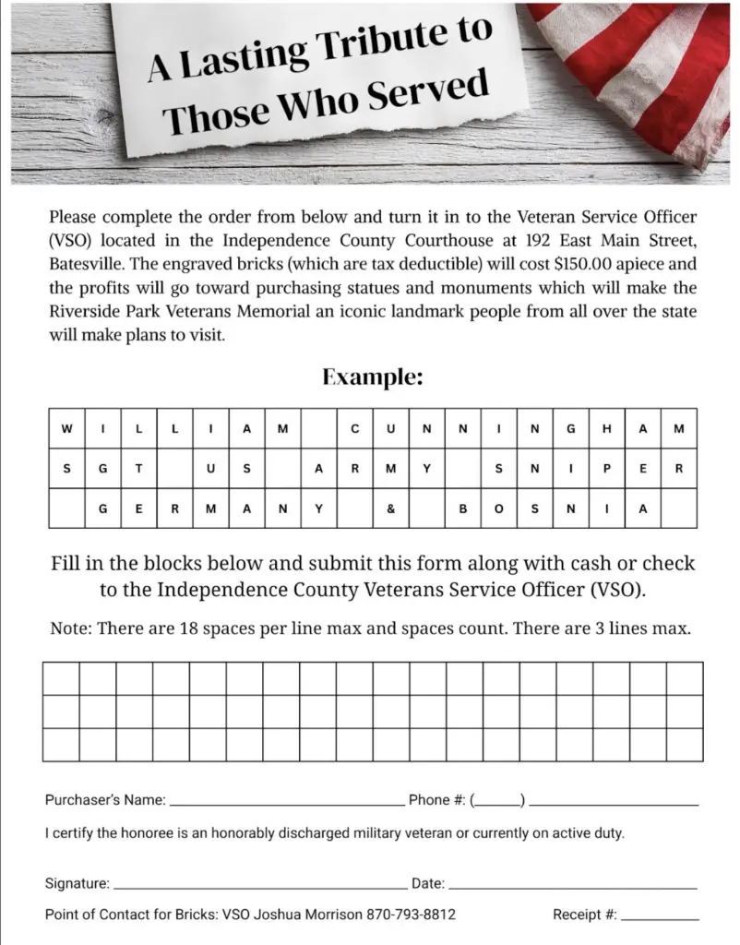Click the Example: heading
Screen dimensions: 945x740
click(x=373, y=377)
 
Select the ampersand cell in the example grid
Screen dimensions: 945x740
click(x=391, y=508)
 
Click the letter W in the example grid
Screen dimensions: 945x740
click(x=66, y=428)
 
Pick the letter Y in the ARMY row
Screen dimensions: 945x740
click(x=427, y=469)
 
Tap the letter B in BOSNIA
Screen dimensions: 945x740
click(x=463, y=508)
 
